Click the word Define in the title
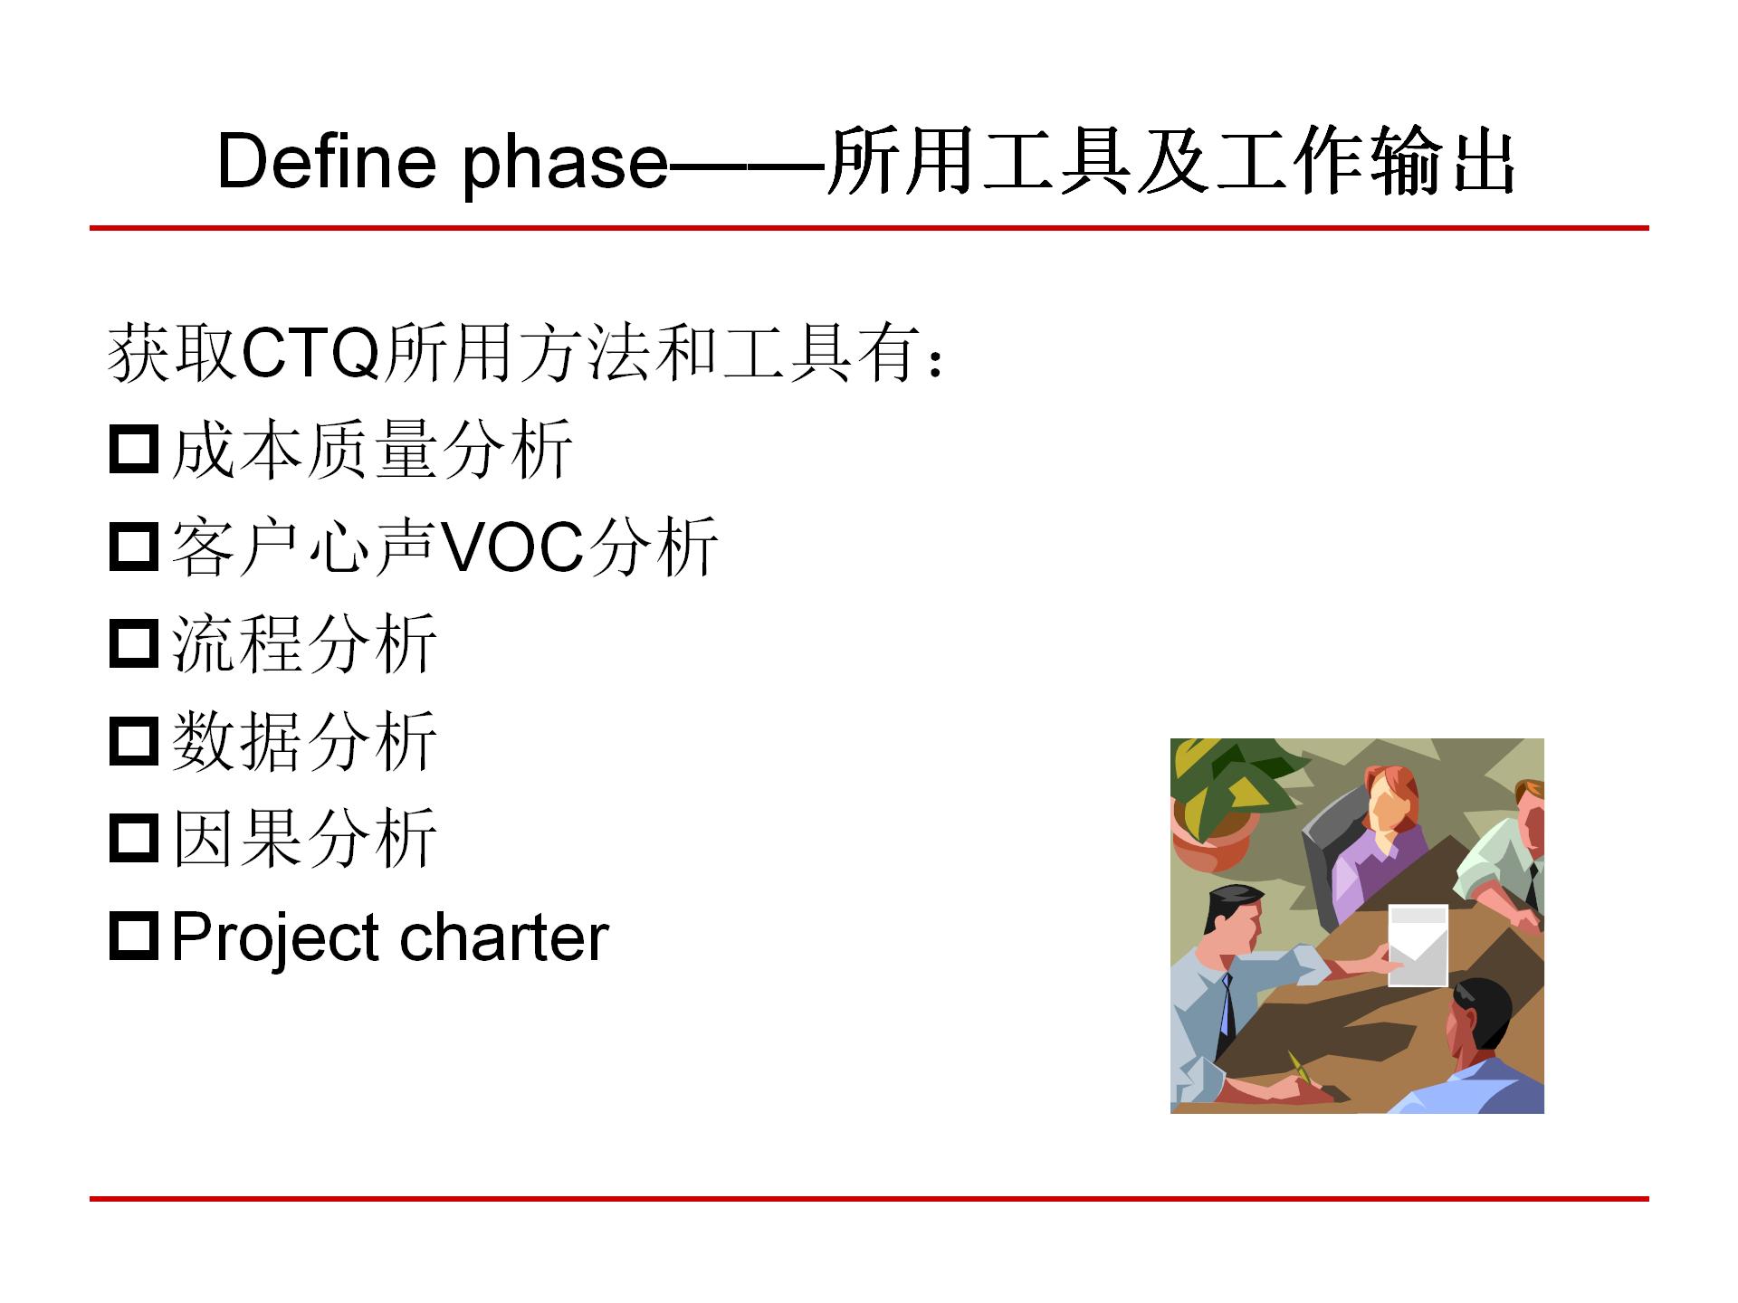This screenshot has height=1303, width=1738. pos(326,163)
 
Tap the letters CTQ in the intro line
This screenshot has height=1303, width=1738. pos(310,353)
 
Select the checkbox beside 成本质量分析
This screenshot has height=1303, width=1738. pos(134,450)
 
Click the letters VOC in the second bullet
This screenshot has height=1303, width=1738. pos(512,547)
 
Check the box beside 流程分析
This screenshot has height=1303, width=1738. pos(134,643)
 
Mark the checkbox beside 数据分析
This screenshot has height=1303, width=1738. pos(134,741)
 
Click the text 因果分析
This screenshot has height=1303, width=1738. pos(304,838)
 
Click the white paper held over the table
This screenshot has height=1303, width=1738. pos(1418,945)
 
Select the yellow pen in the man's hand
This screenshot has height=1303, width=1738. pos(1300,1065)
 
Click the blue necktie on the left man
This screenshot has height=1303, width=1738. pos(1226,1004)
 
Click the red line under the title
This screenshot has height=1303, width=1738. pos(869,228)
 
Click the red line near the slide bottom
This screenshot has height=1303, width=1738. pos(869,1199)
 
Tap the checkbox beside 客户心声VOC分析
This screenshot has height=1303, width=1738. pos(134,547)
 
